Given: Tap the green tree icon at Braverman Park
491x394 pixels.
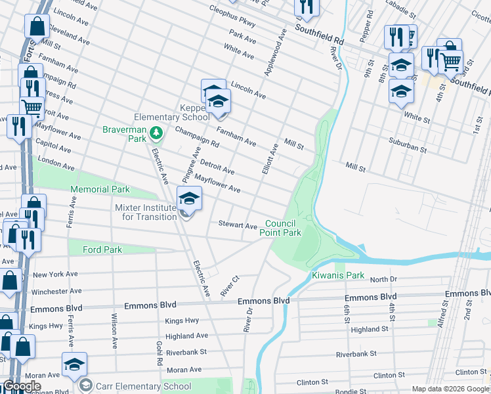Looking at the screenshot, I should tap(156, 135).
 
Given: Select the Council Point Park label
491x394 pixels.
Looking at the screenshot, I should tap(280, 228).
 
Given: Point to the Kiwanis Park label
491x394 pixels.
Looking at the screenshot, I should tap(337, 275).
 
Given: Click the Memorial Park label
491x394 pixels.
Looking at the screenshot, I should tap(100, 189).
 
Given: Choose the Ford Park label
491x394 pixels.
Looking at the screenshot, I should tap(102, 250).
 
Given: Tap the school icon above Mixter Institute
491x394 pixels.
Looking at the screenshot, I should tap(188, 199).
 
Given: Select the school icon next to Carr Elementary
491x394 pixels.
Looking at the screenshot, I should tap(74, 365).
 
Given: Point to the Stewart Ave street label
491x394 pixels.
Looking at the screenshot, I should tap(238, 226).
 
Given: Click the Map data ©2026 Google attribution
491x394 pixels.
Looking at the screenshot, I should tap(450, 389).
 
